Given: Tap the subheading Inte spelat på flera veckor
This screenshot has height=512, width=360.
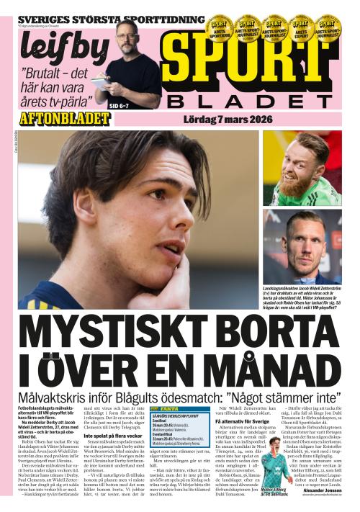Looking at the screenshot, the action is (x=112, y=435).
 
